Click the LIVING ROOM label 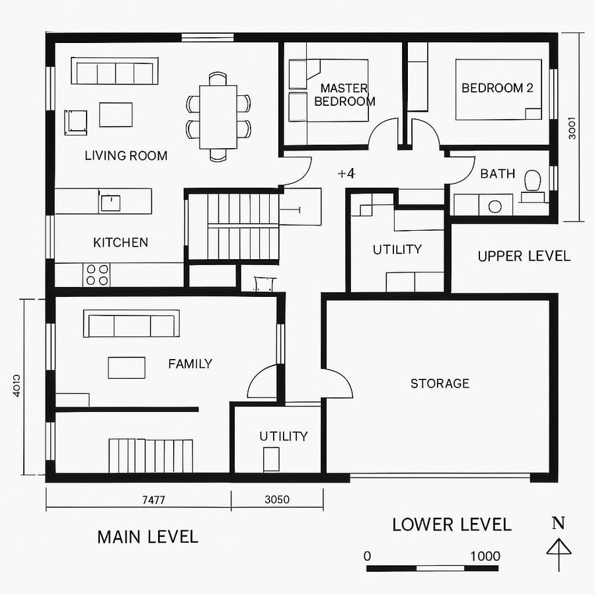click(126, 156)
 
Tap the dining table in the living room click(218, 116)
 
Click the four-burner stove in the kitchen click(97, 274)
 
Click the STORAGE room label click(440, 383)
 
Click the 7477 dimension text click(153, 500)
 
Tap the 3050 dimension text click(277, 500)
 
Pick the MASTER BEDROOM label click(344, 95)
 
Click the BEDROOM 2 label click(497, 88)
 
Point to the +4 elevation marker click(346, 174)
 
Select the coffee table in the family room click(126, 368)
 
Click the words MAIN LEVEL click(147, 537)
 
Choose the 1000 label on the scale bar click(485, 556)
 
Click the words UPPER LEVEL click(524, 257)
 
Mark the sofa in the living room click(114, 71)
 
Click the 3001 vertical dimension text click(573, 128)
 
